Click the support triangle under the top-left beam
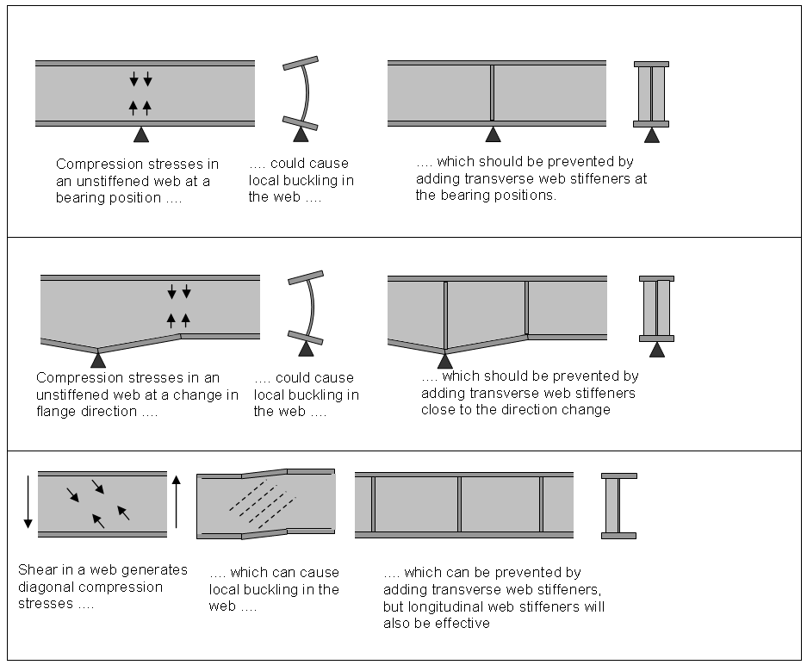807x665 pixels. click(141, 134)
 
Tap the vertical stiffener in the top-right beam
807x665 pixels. click(492, 92)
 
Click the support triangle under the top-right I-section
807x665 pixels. click(653, 134)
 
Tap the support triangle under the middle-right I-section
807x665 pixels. click(658, 349)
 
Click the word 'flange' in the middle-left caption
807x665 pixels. click(56, 411)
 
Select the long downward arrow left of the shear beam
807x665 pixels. click(28, 500)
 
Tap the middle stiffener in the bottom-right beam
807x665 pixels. click(459, 504)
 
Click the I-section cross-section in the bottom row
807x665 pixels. click(618, 505)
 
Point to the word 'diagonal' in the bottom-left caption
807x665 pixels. click(44, 587)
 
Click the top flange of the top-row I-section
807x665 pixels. click(651, 65)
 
